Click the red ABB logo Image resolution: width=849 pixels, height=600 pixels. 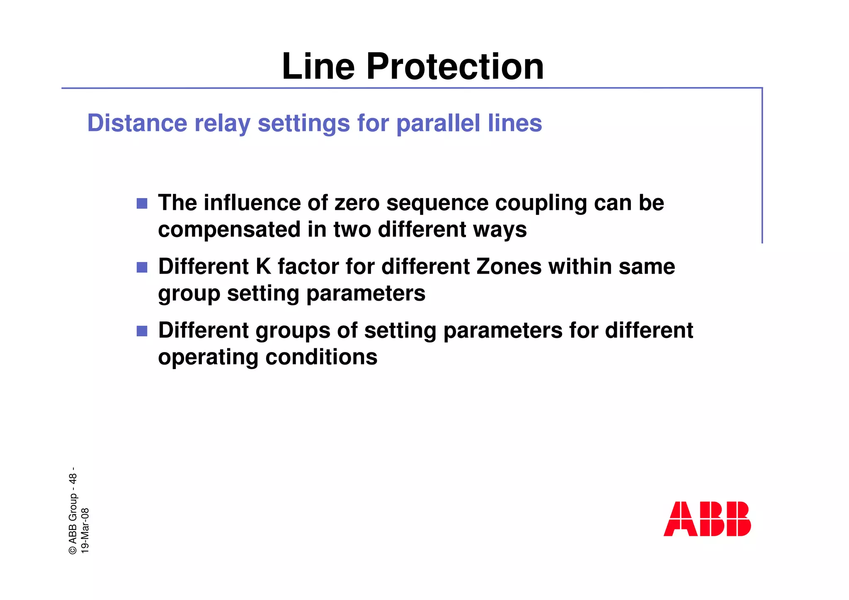click(x=707, y=519)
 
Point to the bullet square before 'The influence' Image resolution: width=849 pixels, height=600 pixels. click(x=142, y=203)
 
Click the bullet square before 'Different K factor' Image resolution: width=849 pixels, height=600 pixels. click(x=142, y=267)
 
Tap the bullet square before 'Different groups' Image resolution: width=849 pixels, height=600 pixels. click(x=142, y=331)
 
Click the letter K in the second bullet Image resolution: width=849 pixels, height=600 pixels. click(x=263, y=267)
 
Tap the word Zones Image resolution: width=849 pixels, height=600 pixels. click(x=509, y=267)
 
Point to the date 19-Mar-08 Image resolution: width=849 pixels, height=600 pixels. click(x=85, y=530)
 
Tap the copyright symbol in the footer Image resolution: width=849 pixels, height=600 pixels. click(x=73, y=550)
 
